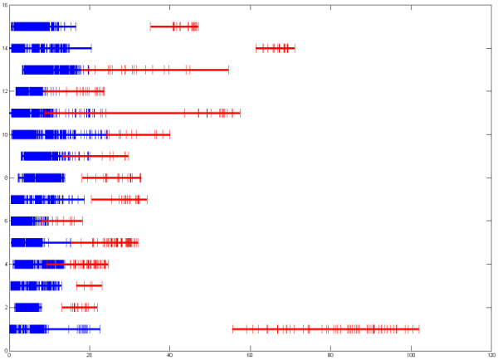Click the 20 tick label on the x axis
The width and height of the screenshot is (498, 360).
click(x=90, y=355)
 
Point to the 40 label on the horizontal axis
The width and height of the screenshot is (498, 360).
click(x=170, y=355)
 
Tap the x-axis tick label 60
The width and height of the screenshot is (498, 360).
click(x=251, y=355)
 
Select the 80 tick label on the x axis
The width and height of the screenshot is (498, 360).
click(x=330, y=355)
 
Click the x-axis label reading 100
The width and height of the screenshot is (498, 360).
click(x=411, y=355)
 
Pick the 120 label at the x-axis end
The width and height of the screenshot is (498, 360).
click(x=490, y=355)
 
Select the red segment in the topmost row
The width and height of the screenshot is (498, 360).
click(x=174, y=27)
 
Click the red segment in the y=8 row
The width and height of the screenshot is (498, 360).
click(x=111, y=178)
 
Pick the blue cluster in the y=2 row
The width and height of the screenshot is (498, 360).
click(x=27, y=308)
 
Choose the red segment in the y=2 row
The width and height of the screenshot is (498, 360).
click(x=80, y=308)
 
